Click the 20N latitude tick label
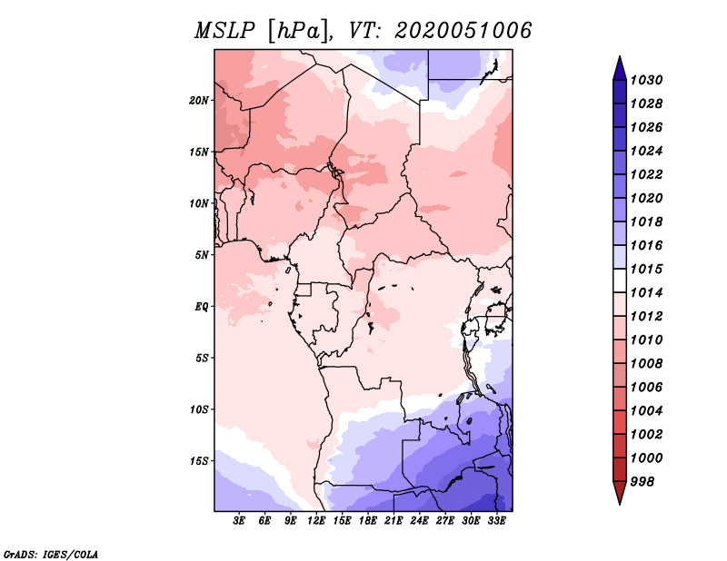(199, 101)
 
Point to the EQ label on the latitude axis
(202, 307)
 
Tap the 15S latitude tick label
(199, 461)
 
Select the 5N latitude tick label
(202, 255)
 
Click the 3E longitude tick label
(239, 521)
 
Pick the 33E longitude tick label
(496, 521)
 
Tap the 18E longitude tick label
(368, 521)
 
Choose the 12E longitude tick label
(316, 521)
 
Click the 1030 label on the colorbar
(646, 80)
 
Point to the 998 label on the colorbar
(642, 482)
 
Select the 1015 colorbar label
(646, 269)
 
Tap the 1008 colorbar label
(646, 364)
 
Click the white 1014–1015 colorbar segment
(620, 280)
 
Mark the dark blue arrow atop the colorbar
(620, 69)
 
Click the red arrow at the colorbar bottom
(620, 493)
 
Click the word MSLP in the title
(224, 31)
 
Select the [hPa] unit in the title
(299, 32)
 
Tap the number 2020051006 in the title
(463, 31)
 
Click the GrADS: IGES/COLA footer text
(51, 554)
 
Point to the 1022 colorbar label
(646, 174)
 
